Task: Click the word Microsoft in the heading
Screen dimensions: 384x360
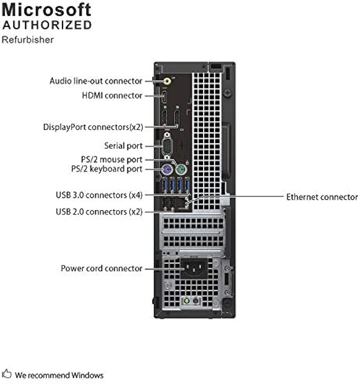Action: pyautogui.click(x=47, y=10)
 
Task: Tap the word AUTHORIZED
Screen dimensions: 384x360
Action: pyautogui.click(x=47, y=25)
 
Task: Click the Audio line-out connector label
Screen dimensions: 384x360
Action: pyautogui.click(x=96, y=81)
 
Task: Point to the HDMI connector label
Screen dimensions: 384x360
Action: pyautogui.click(x=112, y=95)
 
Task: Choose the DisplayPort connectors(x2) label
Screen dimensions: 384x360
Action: pyautogui.click(x=93, y=127)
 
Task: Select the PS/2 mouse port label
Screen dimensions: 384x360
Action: pyautogui.click(x=108, y=159)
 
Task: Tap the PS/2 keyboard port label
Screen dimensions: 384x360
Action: pyautogui.click(x=106, y=169)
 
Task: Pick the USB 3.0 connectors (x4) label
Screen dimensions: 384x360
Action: pyautogui.click(x=99, y=195)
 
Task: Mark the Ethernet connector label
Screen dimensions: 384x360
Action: pyautogui.click(x=322, y=197)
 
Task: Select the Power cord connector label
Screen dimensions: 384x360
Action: pyautogui.click(x=101, y=269)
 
